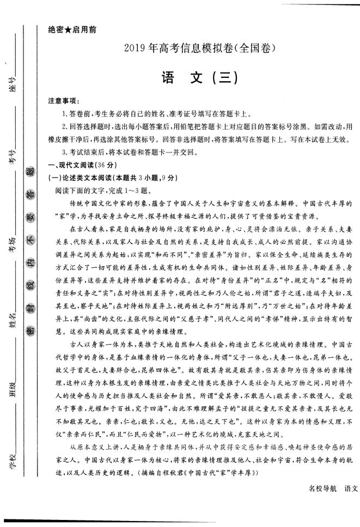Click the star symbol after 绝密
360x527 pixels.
[68, 30]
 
